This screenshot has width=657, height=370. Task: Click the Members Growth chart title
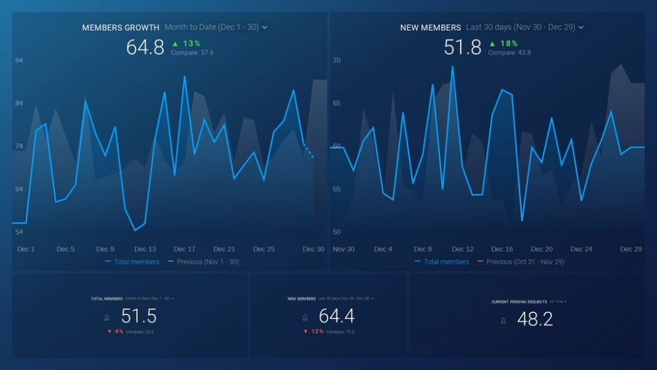(120, 28)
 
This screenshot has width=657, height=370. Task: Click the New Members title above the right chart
(430, 28)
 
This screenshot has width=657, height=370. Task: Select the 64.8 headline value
(145, 47)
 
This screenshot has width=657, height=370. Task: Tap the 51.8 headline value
(463, 47)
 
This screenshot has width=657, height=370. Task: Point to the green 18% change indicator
(503, 43)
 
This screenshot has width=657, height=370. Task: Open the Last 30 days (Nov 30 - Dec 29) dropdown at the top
(524, 28)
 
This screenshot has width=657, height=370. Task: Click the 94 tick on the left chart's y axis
(19, 60)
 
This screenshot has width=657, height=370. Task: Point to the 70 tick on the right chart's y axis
(336, 60)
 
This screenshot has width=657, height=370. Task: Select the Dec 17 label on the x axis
(184, 249)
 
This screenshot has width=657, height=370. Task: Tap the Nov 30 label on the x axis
(344, 249)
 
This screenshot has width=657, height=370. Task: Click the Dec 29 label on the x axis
(631, 249)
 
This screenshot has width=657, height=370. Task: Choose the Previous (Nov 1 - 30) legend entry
(203, 262)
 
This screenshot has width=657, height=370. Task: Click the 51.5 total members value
(139, 316)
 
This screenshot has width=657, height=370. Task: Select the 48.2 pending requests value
(535, 319)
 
